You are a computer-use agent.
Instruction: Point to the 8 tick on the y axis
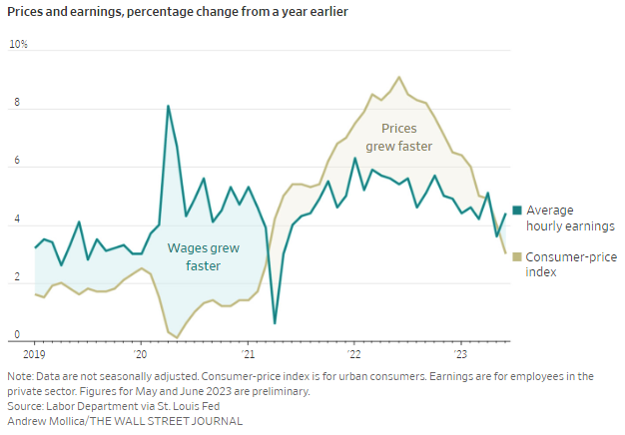coord(15,104)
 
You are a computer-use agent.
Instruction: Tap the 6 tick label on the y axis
coord(15,162)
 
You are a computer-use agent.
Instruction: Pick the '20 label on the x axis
coord(140,354)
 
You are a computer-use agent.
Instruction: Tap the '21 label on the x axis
coord(247,354)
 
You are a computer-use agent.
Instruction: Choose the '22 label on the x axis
coord(354,354)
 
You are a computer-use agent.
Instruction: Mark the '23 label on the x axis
coord(461,354)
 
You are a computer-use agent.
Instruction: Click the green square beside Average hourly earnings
coord(516,210)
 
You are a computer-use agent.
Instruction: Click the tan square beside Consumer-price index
coord(516,256)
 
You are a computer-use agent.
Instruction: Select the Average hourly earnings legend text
coord(570,217)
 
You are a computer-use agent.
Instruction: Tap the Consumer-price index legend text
coord(569,263)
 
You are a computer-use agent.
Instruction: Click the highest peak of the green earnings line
coord(168,106)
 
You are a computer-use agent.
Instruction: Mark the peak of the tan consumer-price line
coord(399,77)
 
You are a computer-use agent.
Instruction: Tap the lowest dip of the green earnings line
coord(275,323)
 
